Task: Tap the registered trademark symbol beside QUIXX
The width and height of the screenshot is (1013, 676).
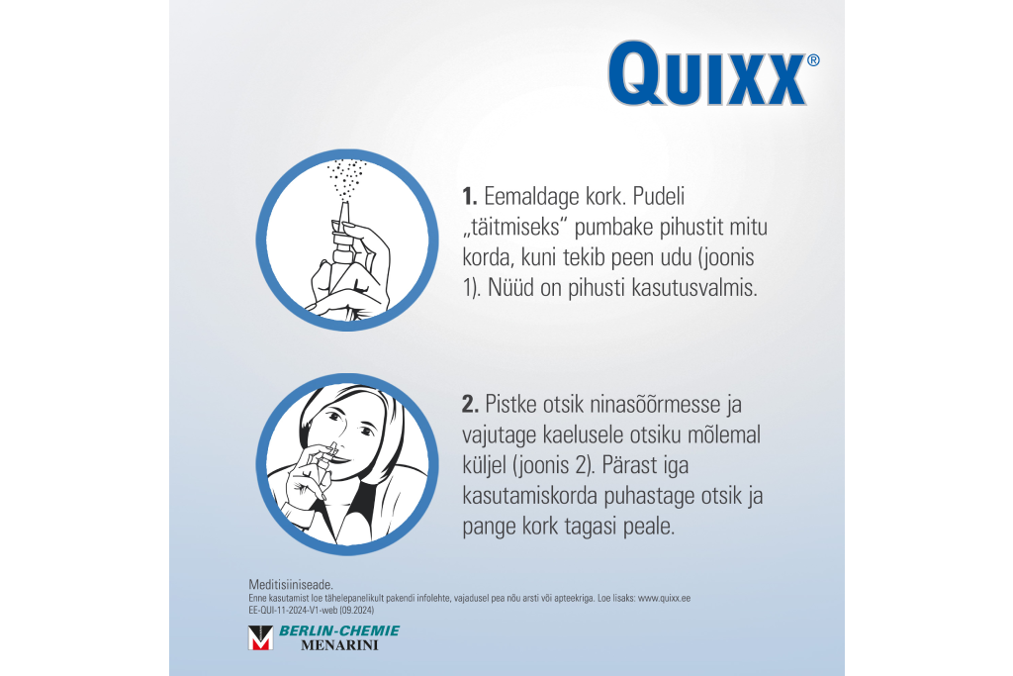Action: (813, 60)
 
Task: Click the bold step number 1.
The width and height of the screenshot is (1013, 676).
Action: (469, 197)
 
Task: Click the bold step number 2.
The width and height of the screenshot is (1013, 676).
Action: (470, 405)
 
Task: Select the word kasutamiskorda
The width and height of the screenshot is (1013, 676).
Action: (529, 496)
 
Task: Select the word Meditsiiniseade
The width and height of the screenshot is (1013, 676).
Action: (291, 585)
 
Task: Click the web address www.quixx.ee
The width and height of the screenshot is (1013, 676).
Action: (664, 599)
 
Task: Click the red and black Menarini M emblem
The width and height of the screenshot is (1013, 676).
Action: (260, 637)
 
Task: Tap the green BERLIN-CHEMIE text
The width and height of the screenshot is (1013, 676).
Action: (339, 630)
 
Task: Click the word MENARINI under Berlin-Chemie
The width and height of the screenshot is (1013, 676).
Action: (340, 645)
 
